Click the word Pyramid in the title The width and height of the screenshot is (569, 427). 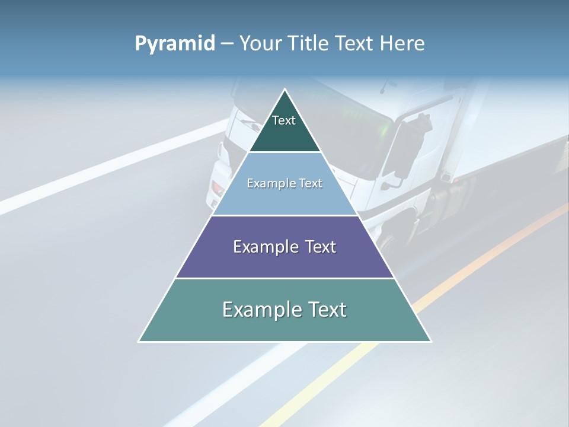pos(174,44)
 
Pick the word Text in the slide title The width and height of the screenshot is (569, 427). pos(356,44)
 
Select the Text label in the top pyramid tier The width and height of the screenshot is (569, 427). pos(284,120)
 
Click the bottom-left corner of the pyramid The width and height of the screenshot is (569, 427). pos(139,341)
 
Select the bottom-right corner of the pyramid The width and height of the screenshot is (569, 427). pos(430,341)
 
